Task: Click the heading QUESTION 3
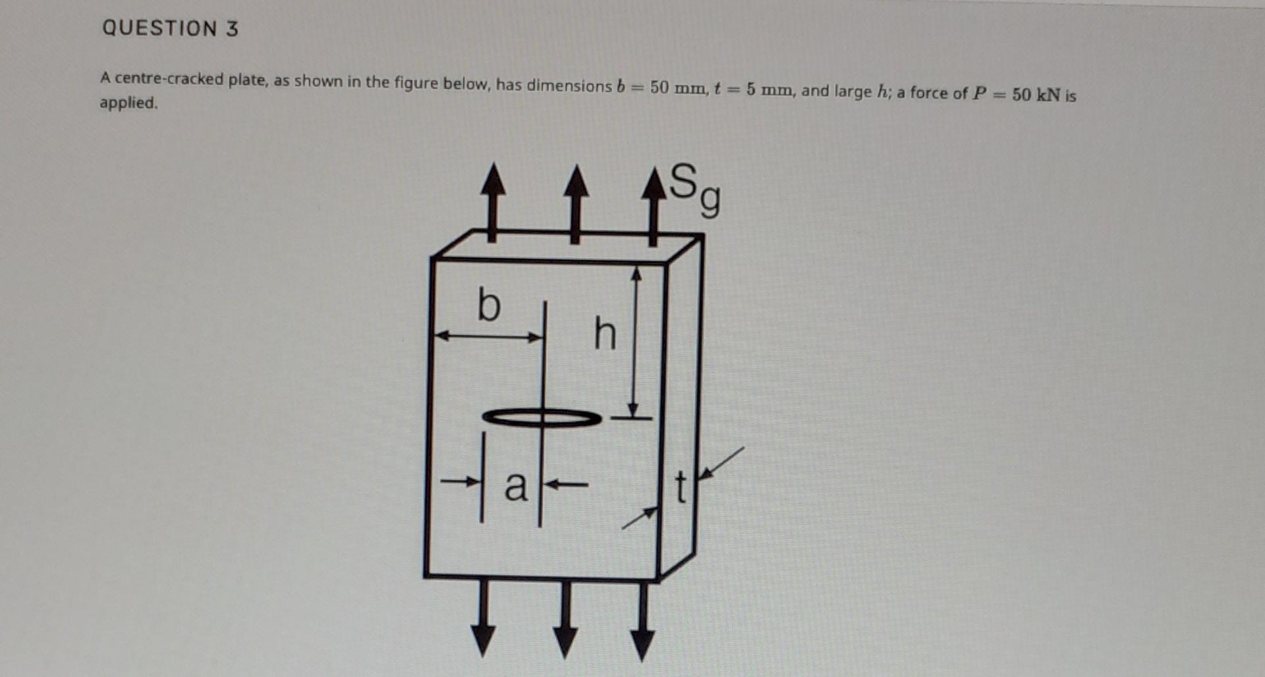170,28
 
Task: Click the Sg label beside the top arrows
694,188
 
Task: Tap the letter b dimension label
488,305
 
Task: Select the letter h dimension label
605,334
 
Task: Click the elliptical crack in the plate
542,418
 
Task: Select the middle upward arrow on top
576,204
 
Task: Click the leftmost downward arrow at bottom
484,619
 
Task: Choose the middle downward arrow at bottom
565,620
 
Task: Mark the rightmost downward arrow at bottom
642,622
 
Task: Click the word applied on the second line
128,103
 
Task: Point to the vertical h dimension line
634,342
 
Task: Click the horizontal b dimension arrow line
489,337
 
